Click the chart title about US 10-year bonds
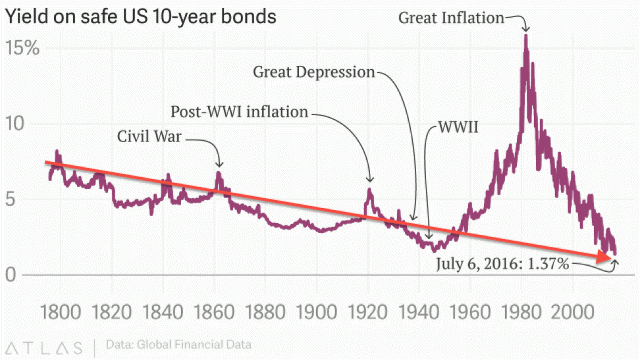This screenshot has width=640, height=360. point(140,16)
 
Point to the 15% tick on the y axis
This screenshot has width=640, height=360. point(23,48)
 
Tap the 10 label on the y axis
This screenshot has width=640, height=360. point(15,124)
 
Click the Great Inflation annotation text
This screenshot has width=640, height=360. point(451,18)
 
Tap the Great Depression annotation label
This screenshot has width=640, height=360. point(313,72)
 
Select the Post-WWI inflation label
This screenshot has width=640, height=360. point(239,111)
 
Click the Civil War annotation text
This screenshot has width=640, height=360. point(149,137)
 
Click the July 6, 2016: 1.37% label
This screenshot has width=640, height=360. point(503,265)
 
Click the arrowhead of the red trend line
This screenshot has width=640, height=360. point(610,257)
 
